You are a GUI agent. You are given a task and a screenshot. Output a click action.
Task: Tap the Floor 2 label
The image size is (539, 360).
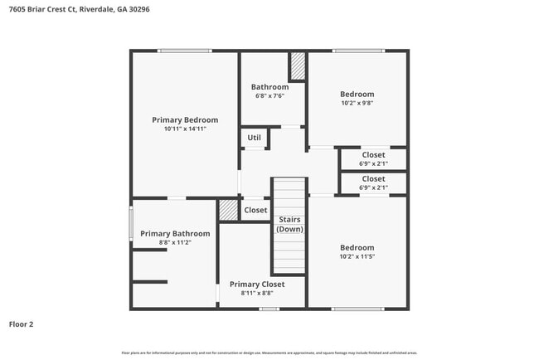(x=23, y=324)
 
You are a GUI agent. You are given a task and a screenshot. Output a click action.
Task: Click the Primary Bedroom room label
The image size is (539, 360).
(x=185, y=120)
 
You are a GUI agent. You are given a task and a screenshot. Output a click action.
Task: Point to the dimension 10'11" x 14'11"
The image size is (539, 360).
(x=185, y=129)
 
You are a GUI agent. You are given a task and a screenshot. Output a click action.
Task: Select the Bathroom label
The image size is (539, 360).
(x=270, y=87)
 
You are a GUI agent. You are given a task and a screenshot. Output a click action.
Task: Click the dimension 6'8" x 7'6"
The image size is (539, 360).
(x=270, y=96)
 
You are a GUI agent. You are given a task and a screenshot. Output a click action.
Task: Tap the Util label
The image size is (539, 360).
(x=254, y=138)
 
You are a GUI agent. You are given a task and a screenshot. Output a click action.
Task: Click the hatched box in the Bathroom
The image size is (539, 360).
(x=297, y=66)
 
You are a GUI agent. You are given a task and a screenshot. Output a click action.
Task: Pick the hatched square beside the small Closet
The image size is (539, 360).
(x=228, y=210)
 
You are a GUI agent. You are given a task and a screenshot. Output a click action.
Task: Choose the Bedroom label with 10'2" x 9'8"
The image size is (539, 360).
(x=357, y=95)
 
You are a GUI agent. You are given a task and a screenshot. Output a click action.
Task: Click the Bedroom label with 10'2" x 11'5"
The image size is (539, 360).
(x=357, y=247)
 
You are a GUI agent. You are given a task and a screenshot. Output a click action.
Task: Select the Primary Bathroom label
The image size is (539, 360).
(x=175, y=234)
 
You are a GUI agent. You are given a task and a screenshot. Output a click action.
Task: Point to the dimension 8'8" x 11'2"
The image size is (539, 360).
(x=175, y=243)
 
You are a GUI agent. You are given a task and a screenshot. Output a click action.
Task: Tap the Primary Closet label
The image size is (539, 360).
(x=257, y=285)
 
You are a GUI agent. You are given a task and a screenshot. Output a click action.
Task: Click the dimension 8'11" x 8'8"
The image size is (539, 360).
(x=257, y=294)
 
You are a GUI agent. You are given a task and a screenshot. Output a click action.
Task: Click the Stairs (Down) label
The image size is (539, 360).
(x=290, y=224)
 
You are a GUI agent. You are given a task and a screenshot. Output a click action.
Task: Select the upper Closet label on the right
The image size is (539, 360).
(x=373, y=155)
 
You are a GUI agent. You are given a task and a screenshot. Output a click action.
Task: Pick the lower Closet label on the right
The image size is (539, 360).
(x=373, y=178)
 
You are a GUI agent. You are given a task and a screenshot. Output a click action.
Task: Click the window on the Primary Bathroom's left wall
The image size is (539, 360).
(x=131, y=223)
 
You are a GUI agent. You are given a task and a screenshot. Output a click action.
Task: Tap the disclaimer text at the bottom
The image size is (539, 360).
(x=269, y=353)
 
